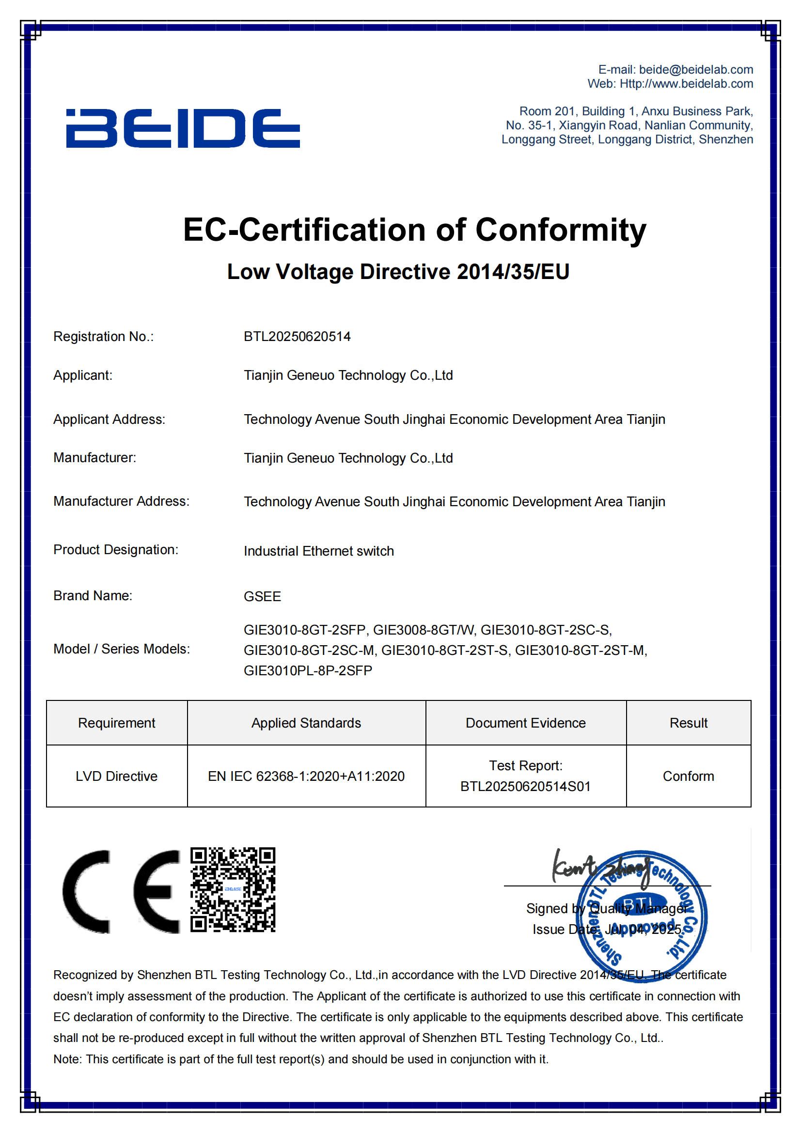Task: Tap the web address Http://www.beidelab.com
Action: pyautogui.click(x=686, y=84)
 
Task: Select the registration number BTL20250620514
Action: pyautogui.click(x=297, y=337)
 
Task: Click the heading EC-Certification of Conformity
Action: pyautogui.click(x=415, y=230)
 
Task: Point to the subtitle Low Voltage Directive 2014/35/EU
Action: pyautogui.click(x=398, y=272)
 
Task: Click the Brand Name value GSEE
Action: pyautogui.click(x=262, y=597)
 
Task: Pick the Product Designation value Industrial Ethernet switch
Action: pyautogui.click(x=319, y=551)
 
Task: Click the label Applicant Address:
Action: pyautogui.click(x=109, y=419)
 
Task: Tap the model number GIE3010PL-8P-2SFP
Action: pyautogui.click(x=308, y=670)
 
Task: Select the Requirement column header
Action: pyautogui.click(x=116, y=723)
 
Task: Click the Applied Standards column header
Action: pyautogui.click(x=306, y=723)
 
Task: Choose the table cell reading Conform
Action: pyautogui.click(x=688, y=776)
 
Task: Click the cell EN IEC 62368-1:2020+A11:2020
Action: pyautogui.click(x=306, y=776)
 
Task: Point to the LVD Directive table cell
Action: pyautogui.click(x=116, y=776)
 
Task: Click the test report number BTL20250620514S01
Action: pyautogui.click(x=525, y=787)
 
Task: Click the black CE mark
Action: pyautogui.click(x=122, y=891)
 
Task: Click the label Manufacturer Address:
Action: pyautogui.click(x=122, y=501)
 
